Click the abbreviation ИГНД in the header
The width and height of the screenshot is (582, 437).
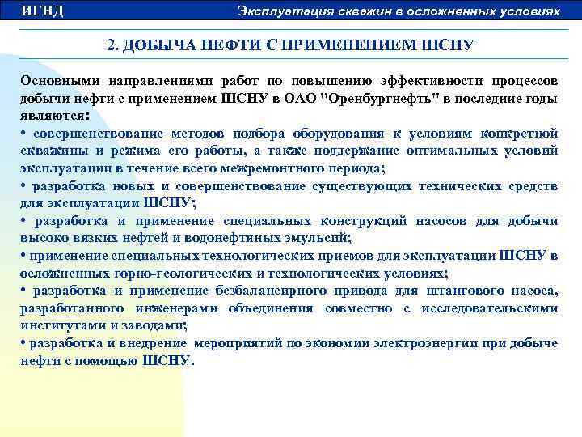pos(41,11)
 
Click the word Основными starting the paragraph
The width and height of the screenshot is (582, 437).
pos(55,83)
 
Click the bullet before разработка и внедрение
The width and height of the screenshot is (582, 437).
pos(24,342)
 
